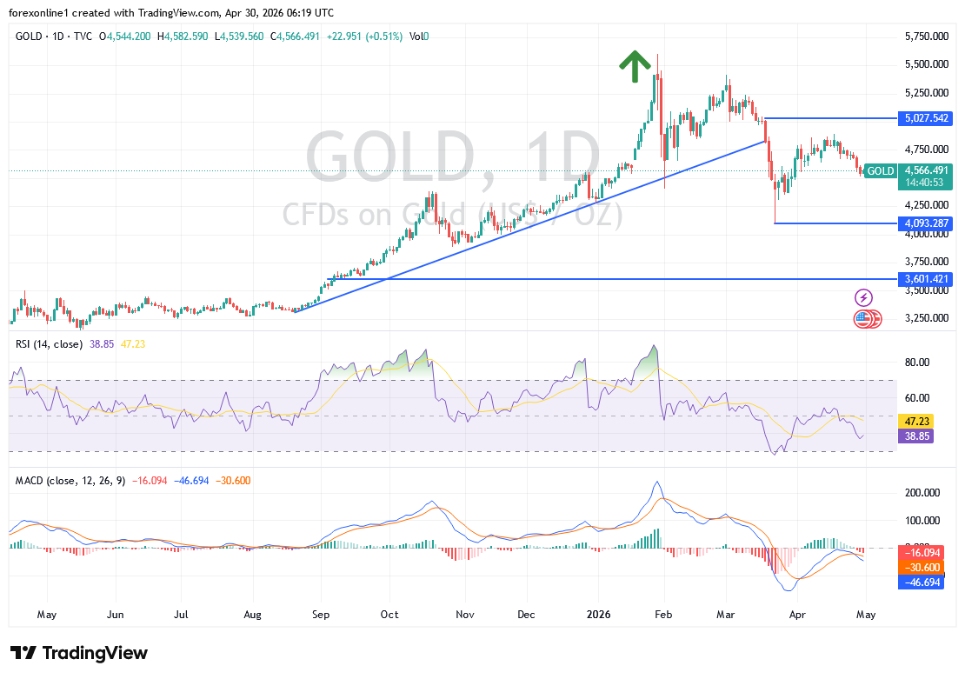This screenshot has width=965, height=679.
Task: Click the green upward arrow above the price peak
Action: coord(635,66)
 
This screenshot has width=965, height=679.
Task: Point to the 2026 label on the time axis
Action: coord(598,615)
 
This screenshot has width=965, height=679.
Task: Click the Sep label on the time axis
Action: coord(321,615)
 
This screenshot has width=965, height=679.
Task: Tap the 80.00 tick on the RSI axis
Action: coord(918,363)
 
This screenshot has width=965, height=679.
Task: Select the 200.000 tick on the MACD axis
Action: coord(922,492)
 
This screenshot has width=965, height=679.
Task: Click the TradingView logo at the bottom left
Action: coord(79,653)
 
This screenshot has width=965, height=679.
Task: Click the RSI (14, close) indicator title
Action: coord(49,344)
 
